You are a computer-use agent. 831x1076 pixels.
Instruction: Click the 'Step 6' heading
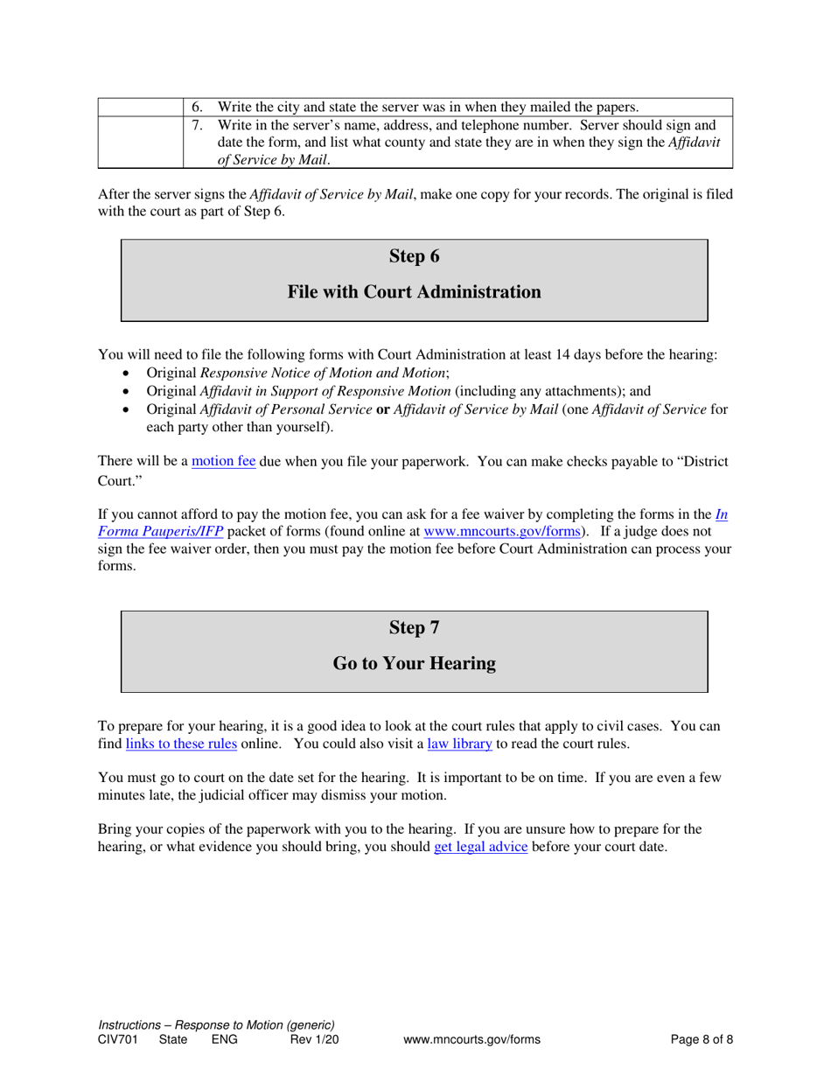[x=414, y=256]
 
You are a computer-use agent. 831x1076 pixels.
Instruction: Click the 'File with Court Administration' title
[x=414, y=292]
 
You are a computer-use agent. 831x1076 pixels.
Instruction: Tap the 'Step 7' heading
[x=414, y=628]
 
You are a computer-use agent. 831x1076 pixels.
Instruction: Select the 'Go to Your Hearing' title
[x=414, y=664]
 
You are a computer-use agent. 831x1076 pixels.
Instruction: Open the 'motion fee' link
[x=224, y=461]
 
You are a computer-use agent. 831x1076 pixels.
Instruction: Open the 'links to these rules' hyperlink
[x=181, y=744]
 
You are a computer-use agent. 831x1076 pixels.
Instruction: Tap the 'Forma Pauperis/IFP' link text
[x=160, y=530]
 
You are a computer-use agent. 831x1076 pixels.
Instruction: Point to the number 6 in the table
[x=197, y=108]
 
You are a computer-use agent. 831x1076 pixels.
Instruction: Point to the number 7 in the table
[x=197, y=125]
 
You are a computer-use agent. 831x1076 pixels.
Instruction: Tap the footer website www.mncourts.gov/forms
[x=471, y=1040]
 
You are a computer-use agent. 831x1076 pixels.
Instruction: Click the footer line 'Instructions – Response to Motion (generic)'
[x=216, y=1025]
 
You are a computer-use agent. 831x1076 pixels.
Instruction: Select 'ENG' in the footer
[x=225, y=1040]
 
